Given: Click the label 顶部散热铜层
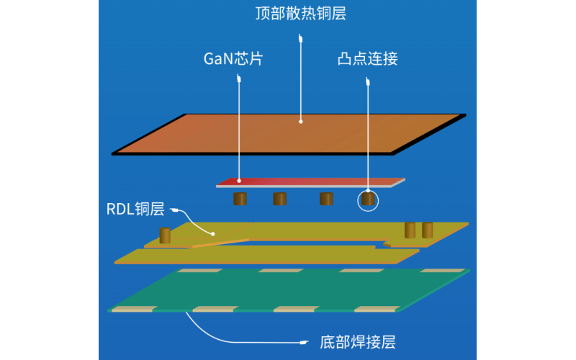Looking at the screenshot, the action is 300,13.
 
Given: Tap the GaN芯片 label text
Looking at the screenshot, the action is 233,59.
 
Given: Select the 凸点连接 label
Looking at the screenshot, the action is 367,59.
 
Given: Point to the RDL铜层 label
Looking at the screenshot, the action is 135,209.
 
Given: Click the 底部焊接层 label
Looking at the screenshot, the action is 357,343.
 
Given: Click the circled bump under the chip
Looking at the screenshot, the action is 368,199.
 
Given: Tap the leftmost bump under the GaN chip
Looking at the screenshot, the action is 240,199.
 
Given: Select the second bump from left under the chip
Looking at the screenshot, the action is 280,199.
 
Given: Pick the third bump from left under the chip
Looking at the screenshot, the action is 326,199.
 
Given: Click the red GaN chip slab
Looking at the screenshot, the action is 311,182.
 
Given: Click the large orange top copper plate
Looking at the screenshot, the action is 289,135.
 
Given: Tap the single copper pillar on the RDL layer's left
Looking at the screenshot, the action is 165,235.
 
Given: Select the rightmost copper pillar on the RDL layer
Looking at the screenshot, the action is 427,230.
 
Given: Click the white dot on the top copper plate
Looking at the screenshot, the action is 301,122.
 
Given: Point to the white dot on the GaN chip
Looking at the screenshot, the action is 239,181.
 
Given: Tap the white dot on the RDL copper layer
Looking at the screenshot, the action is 213,233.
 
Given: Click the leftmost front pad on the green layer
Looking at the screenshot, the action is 134,309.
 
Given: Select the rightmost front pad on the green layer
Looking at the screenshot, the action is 377,309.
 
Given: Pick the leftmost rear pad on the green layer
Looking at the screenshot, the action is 200,271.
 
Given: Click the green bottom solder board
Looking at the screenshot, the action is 289,290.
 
